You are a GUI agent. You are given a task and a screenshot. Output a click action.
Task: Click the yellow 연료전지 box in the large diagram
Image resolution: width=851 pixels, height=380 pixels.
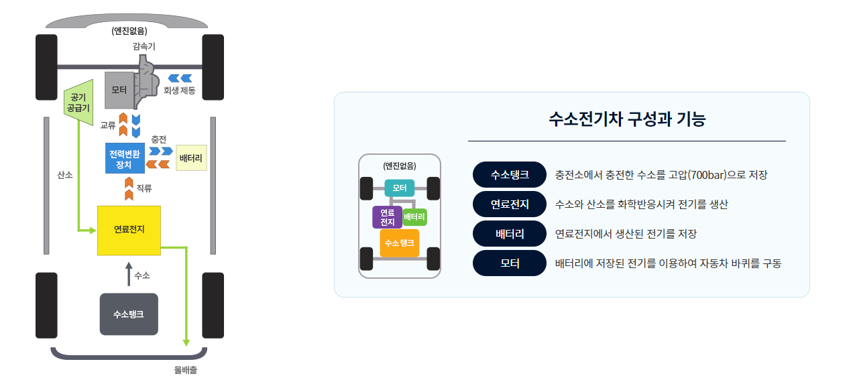tap(129, 230)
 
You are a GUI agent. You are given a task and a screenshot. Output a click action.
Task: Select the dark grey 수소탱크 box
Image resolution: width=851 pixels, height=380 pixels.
tap(129, 314)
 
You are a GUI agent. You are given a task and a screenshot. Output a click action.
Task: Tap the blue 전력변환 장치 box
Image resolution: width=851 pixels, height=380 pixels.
tap(125, 157)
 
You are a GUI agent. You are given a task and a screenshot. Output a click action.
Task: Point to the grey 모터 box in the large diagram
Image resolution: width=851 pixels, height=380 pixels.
tap(119, 90)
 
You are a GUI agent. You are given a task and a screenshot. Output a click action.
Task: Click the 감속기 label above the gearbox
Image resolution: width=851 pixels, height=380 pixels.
tap(144, 46)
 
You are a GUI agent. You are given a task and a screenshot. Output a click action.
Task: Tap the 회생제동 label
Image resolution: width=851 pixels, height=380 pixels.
tap(179, 90)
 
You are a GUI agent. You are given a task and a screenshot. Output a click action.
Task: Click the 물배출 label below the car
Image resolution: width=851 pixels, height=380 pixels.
tap(185, 369)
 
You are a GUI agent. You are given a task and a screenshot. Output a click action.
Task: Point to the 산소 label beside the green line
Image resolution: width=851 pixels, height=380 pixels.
tap(65, 175)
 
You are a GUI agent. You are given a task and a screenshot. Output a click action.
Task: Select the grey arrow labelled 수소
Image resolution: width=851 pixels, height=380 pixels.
tap(129, 275)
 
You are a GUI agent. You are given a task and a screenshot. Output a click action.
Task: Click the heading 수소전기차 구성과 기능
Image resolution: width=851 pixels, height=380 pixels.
tap(626, 120)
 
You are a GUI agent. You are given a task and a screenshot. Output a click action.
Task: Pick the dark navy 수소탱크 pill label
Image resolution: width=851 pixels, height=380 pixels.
tap(510, 175)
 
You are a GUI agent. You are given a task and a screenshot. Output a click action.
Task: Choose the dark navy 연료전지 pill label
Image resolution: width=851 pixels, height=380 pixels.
tap(510, 204)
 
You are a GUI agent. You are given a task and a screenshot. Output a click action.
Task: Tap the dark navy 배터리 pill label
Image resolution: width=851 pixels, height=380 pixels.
tap(510, 234)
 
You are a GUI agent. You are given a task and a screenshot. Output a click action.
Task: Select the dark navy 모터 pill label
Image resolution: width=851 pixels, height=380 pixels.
tap(510, 263)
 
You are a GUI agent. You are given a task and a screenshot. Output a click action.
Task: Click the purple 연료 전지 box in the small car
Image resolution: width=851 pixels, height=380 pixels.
tap(387, 217)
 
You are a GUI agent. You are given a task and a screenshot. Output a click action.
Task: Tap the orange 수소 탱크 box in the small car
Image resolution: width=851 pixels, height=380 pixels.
tap(399, 243)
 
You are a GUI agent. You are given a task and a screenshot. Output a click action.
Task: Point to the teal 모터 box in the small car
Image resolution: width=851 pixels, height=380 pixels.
tap(400, 188)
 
